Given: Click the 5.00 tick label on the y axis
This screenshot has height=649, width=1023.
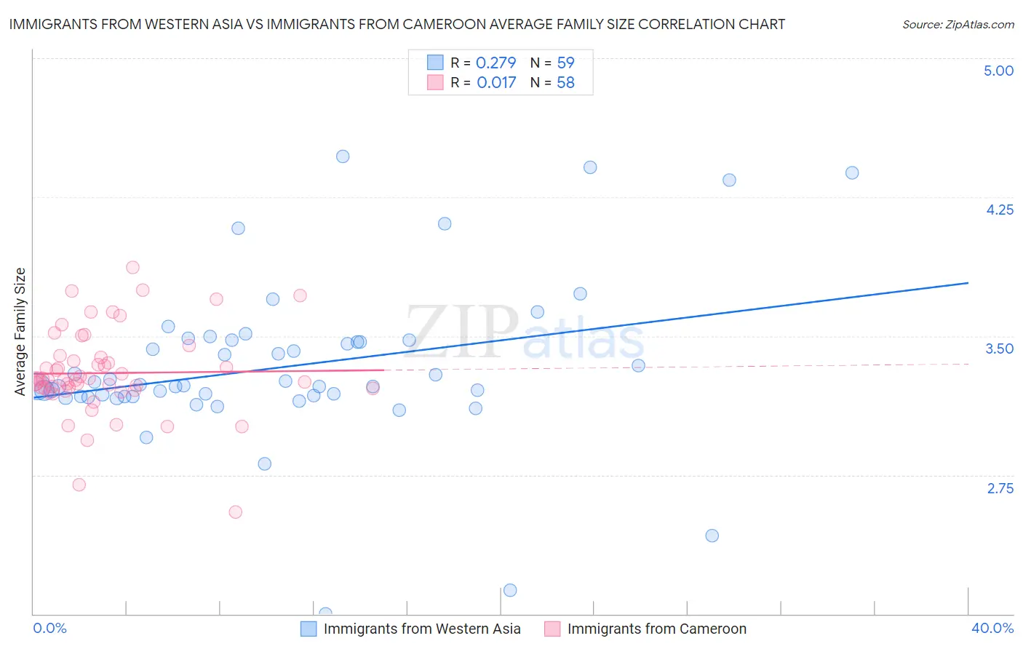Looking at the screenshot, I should (998, 71).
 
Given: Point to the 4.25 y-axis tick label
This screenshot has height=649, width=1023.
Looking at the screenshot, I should (999, 210).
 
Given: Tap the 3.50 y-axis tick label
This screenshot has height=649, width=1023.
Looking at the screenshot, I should (999, 349).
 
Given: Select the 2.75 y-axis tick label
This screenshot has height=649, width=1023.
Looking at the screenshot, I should (1000, 488).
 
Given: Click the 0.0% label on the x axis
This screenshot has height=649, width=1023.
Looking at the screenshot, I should (49, 628).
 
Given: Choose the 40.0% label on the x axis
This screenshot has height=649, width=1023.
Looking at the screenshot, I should (992, 628).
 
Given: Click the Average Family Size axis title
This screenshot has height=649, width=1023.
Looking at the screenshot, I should (20, 332).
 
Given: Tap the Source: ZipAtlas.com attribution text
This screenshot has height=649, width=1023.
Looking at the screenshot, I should (958, 24).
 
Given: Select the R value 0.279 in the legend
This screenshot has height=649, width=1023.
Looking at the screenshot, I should (495, 63).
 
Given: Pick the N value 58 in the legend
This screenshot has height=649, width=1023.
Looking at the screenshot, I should (565, 82).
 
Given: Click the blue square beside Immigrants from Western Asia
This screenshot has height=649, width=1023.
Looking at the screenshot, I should (309, 629).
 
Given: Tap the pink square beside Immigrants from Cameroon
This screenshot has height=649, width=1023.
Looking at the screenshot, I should (552, 629).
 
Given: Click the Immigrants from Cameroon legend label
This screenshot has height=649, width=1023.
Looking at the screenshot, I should (656, 629).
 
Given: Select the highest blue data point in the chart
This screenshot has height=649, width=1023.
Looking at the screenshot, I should (343, 156).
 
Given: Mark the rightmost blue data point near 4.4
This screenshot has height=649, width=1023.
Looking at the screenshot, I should (852, 172).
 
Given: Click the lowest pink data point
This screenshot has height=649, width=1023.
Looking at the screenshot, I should (235, 511).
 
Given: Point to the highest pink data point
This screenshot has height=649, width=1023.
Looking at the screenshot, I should (132, 267).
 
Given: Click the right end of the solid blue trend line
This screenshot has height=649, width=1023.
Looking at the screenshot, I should (968, 282).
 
